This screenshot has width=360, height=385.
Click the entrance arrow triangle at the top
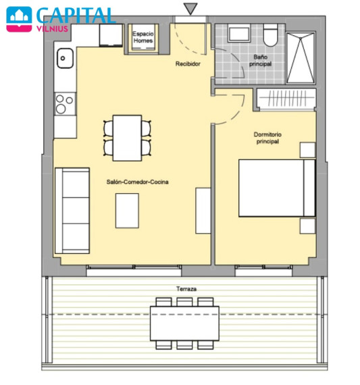[x=190, y=8]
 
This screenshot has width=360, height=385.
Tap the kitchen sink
[x=65, y=58]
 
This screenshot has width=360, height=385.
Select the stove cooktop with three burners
[x=65, y=104]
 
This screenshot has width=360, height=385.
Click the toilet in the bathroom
[x=270, y=35]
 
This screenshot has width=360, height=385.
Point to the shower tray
[x=301, y=58]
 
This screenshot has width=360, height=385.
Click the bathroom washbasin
[x=238, y=33]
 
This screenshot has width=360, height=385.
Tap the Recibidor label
[x=188, y=64]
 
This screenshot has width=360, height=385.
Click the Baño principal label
[x=260, y=60]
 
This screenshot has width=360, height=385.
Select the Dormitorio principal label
[x=267, y=138]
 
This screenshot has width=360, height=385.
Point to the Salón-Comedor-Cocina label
[x=138, y=182]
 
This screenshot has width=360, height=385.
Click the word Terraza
[x=186, y=289]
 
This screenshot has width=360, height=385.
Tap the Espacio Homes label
[x=143, y=37]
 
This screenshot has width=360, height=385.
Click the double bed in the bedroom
[x=277, y=188]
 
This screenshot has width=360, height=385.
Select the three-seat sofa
[x=72, y=211]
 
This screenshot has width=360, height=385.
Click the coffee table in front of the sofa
[x=127, y=211]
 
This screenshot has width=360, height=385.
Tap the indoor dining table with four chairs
[x=127, y=138]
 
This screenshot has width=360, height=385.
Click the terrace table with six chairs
[x=184, y=324]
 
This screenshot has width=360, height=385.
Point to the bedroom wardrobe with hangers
[x=286, y=98]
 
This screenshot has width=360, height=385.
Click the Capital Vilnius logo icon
[x=19, y=19]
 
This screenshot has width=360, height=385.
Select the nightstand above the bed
[x=307, y=150]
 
